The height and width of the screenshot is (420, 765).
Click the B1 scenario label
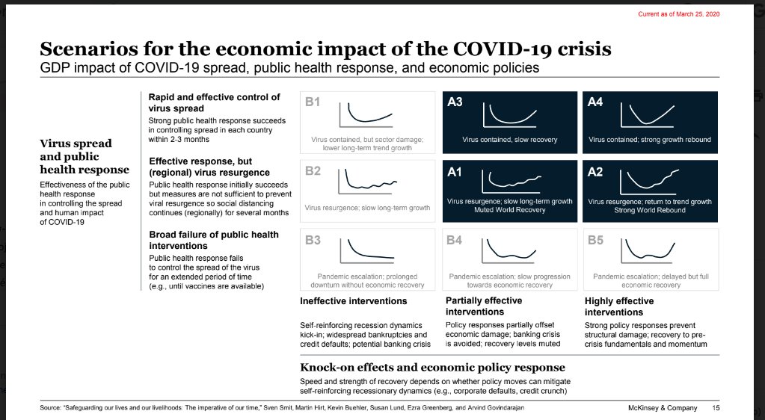(313, 102)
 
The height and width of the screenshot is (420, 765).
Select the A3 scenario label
(455, 102)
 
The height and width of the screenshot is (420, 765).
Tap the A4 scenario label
(596, 102)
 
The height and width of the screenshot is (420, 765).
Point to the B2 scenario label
(313, 171)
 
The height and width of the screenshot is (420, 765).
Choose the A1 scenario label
(455, 171)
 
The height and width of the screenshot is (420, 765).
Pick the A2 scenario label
(596, 171)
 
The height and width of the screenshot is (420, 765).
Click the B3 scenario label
(313, 240)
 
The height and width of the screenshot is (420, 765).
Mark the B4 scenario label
(455, 240)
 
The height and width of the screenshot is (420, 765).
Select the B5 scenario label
(596, 240)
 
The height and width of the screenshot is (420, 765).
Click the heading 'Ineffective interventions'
(353, 301)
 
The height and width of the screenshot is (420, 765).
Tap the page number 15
(716, 408)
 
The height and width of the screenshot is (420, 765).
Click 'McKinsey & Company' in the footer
(662, 408)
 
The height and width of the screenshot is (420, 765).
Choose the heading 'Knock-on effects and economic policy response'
(432, 368)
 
